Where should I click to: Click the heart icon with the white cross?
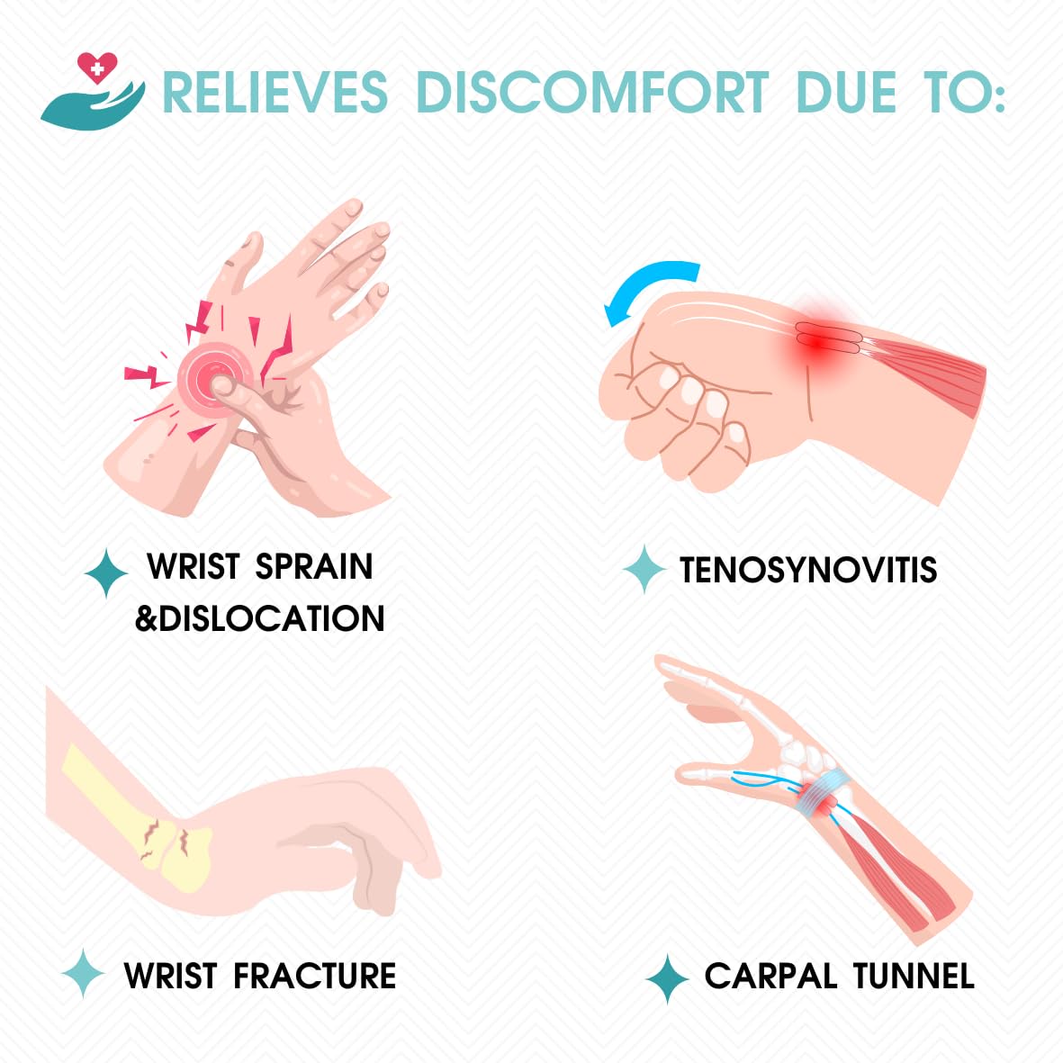97,68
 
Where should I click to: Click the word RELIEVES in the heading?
275,92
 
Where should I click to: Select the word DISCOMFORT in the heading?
592,92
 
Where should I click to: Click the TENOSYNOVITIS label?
808,570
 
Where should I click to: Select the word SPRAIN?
314,566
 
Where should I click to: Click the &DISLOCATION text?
259,618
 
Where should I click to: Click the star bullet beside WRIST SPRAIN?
105,573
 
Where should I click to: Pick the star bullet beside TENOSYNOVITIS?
644,570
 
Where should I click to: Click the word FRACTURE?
314,977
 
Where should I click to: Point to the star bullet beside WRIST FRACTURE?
83,974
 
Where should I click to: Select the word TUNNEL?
914,977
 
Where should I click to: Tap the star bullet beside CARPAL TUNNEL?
668,978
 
